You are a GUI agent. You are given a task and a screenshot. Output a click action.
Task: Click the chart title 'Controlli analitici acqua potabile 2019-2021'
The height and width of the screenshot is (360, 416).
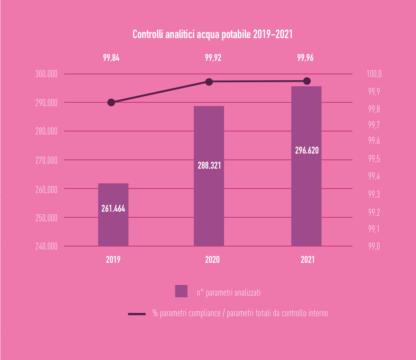pos(212,35)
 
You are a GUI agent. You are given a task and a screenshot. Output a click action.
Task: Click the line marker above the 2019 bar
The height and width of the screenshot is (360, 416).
pos(111,102)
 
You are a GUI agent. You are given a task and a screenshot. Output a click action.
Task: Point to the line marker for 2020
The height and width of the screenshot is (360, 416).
pos(209,82)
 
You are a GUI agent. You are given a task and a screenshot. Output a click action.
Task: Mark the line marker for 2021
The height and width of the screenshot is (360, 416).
pos(307,81)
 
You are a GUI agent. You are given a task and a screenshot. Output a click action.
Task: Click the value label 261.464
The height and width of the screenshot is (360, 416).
pos(113,209)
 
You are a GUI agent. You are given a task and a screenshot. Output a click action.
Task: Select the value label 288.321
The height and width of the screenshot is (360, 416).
pos(209,165)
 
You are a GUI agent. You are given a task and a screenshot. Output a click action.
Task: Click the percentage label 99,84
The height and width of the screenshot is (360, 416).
pos(111,58)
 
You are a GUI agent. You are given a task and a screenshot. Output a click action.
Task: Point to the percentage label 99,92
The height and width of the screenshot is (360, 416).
pos(213,58)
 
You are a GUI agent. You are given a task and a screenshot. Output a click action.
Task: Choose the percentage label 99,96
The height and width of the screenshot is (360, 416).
pos(305,58)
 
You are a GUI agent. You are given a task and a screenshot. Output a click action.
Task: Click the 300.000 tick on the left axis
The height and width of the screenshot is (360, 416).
pos(46,74)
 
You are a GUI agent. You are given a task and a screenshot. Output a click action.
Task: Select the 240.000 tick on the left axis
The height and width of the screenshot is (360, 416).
pos(46,246)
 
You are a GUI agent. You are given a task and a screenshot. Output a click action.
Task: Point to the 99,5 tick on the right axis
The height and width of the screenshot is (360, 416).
pos(374,159)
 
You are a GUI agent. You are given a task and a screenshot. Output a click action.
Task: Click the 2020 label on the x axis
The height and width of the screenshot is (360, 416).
pos(212,260)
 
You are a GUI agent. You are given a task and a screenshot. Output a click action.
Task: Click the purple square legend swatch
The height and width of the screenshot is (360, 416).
pos(181,291)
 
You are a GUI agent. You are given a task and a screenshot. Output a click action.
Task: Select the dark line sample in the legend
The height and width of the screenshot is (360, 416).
pos(137,314)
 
